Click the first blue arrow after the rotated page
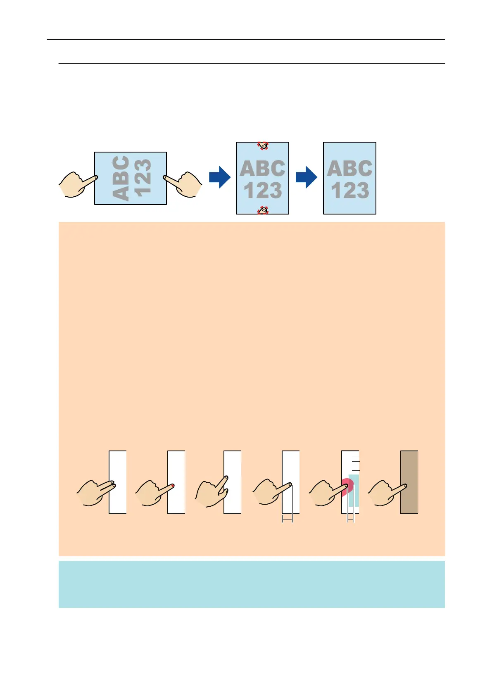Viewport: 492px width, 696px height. [219, 177]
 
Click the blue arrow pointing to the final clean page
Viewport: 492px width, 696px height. [306, 177]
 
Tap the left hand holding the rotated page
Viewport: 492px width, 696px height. [76, 184]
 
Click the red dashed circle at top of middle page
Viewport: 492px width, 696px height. [263, 145]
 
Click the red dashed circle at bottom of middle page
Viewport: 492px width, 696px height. [263, 211]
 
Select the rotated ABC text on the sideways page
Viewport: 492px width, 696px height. [121, 179]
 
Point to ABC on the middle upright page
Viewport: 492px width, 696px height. [262, 169]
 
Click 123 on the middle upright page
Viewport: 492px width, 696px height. [262, 191]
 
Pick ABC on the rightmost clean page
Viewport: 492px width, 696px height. [349, 169]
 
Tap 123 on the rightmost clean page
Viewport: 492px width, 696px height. [349, 191]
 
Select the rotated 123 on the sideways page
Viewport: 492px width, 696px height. [143, 179]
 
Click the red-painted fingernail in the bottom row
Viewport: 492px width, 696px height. [172, 485]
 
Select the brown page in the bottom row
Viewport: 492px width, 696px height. [409, 482]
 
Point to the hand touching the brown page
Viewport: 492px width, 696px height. [384, 493]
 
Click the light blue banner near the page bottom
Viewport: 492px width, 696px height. [252, 584]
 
